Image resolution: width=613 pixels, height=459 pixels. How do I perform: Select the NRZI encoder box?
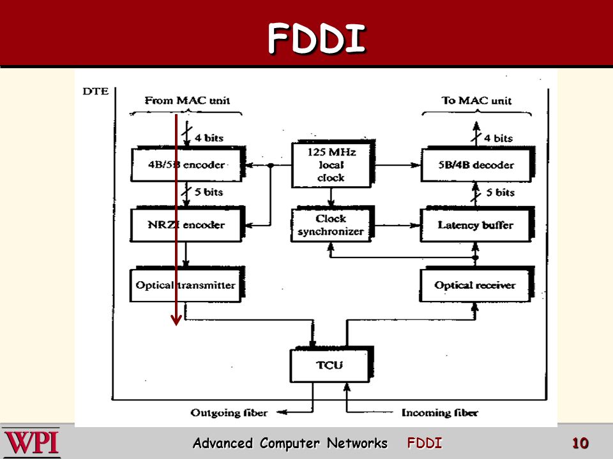pos(187,224)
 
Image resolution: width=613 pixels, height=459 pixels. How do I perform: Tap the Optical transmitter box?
pos(187,284)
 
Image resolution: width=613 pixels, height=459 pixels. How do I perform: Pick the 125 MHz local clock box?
pos(333,164)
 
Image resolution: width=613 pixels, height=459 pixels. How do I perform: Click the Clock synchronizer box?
pos(332,224)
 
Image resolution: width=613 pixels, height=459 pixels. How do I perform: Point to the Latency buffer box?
pos(476,225)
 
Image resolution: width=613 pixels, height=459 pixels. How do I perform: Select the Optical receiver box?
pos(476,284)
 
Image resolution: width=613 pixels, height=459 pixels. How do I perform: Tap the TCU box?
pos(331,365)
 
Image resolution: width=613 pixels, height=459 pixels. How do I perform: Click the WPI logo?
pos(31,443)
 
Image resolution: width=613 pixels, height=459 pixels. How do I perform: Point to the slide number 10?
pos(580,444)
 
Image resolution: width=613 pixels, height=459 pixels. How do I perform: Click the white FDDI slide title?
pos(317,38)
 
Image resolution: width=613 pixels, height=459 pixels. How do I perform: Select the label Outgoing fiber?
pos(229,412)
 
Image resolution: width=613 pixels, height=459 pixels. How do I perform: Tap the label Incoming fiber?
pos(440,412)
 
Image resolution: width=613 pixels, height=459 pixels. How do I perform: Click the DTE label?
pos(95,91)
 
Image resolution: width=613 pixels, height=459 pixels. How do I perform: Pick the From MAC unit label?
pos(187,100)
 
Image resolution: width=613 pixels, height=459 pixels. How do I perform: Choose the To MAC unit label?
pos(476,101)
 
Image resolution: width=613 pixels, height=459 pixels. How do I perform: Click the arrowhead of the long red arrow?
pos(176,321)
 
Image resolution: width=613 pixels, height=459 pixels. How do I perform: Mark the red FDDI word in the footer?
pos(425,443)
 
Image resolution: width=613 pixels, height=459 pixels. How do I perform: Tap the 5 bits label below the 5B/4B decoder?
pos(501,193)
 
